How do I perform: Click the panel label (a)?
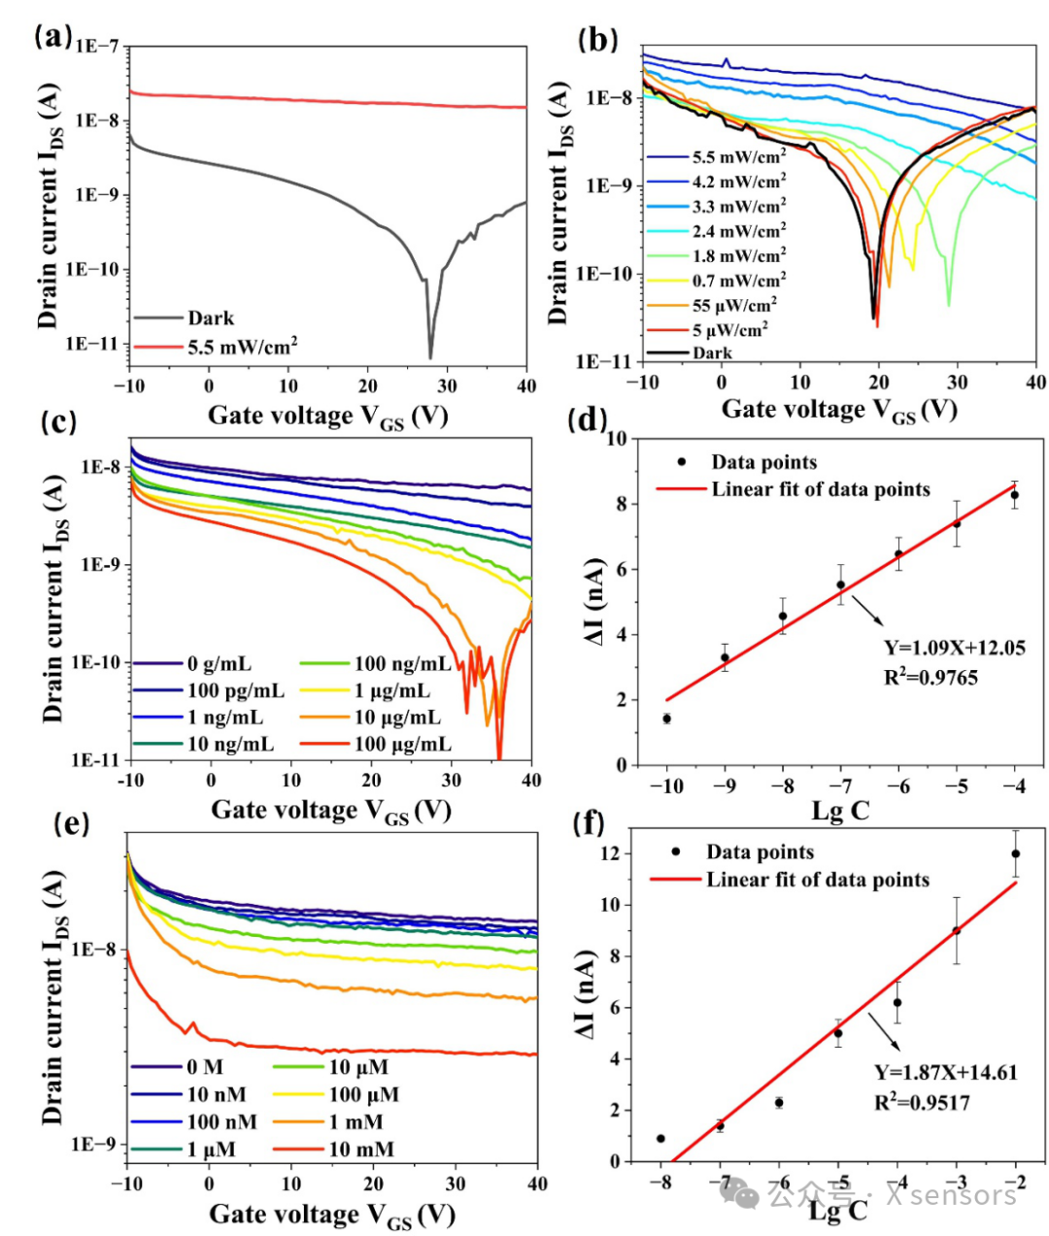pyautogui.click(x=53, y=37)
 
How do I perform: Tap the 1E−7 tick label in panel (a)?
pyautogui.click(x=97, y=47)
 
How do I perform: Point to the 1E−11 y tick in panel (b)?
pyautogui.click(x=605, y=362)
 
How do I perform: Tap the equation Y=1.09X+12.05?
pyautogui.click(x=955, y=648)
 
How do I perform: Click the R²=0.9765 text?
pyautogui.click(x=931, y=677)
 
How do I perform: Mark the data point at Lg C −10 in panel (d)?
pyautogui.click(x=667, y=718)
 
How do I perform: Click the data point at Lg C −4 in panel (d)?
pyautogui.click(x=1014, y=495)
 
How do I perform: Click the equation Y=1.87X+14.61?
pyautogui.click(x=946, y=1073)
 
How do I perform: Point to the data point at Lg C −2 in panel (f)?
pyautogui.click(x=1016, y=853)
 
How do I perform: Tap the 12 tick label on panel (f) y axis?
pyautogui.click(x=609, y=854)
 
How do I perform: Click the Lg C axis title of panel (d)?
pyautogui.click(x=840, y=812)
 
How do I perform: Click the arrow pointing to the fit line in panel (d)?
pyautogui.click(x=867, y=611)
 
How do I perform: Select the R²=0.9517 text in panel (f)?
pyautogui.click(x=922, y=1102)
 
